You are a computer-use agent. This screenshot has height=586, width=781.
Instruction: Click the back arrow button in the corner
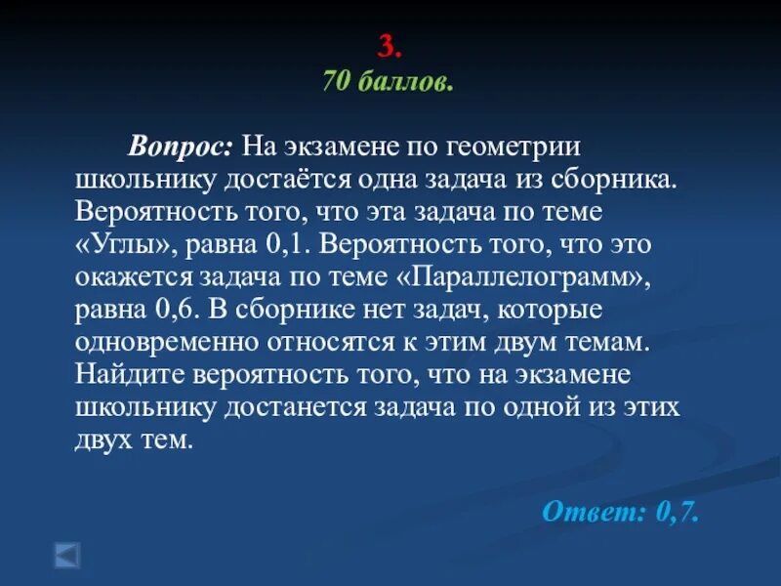click(66, 555)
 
